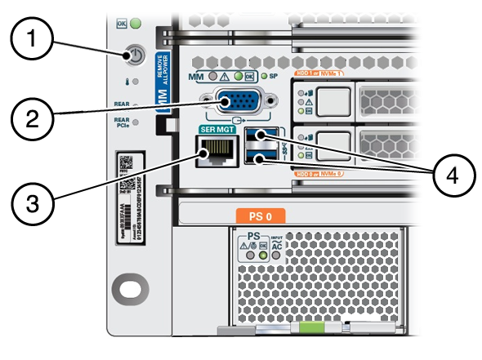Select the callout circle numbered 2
(33, 119)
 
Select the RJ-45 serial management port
(214, 151)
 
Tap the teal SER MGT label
(214, 129)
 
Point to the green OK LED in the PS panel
(263, 253)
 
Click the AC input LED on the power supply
(277, 253)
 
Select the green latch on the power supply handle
(306, 330)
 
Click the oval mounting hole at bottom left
(130, 289)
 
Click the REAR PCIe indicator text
(121, 122)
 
